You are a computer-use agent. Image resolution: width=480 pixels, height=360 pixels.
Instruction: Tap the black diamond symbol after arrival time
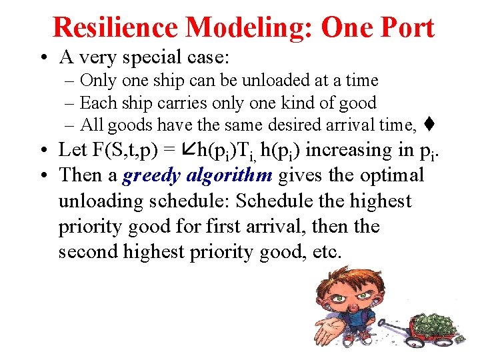[431, 124]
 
